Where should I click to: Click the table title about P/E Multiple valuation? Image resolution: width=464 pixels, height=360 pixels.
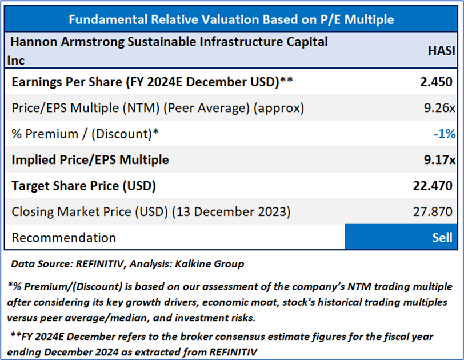coord(231,19)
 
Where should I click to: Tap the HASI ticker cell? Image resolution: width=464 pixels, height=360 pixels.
coord(441,50)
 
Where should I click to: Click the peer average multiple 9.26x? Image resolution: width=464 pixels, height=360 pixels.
coord(439,107)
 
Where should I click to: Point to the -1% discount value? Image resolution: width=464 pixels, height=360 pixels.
coord(444,134)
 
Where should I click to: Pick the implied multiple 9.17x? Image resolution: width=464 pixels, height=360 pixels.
coord(439,159)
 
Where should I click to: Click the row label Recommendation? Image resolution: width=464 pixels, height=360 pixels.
coord(63,238)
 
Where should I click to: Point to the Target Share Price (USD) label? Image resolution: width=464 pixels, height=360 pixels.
coord(84,186)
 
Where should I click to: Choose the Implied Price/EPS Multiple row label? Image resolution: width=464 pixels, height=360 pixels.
coord(90,159)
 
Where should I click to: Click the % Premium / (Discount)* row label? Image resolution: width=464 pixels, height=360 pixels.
coord(85,134)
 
